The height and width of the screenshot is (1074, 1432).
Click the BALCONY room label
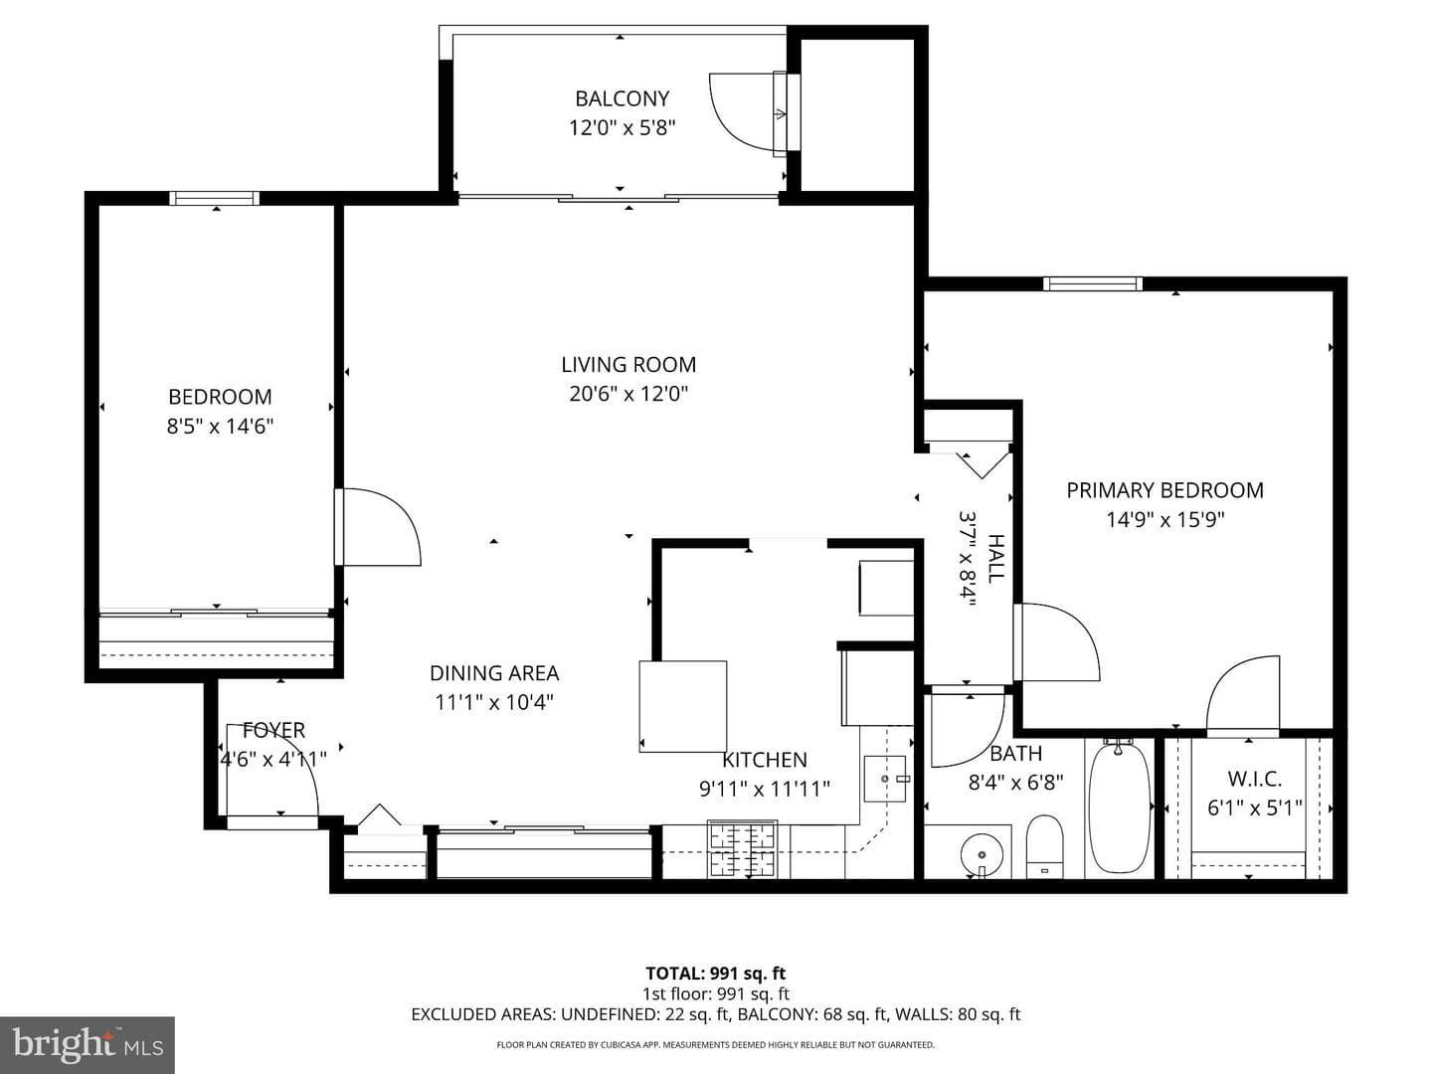[622, 98]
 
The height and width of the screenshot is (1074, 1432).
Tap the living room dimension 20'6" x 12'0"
[628, 394]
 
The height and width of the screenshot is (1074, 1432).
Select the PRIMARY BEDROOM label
[1164, 490]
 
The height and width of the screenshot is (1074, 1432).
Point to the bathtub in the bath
[1120, 807]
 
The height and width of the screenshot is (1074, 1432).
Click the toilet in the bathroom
[1044, 846]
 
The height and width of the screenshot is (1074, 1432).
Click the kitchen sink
[885, 779]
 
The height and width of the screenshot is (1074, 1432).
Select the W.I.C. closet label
[1255, 779]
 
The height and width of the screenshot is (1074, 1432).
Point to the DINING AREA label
[494, 673]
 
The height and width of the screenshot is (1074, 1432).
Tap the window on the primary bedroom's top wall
[1093, 283]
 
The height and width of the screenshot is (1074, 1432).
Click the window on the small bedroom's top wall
[215, 198]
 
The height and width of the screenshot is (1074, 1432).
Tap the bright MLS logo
[88, 1046]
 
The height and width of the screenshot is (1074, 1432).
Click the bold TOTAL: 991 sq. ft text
[716, 975]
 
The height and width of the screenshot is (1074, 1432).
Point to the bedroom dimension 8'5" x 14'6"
[220, 427]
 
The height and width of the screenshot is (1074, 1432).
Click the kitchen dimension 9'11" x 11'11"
[764, 790]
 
